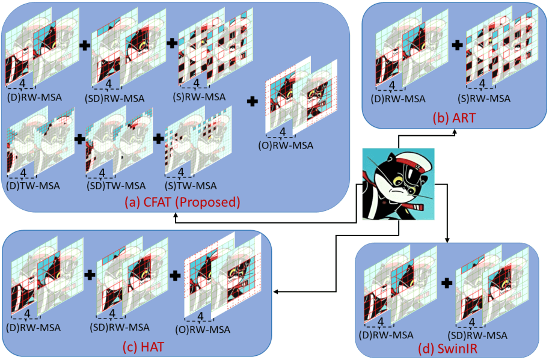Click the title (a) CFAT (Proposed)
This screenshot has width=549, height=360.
pyautogui.click(x=182, y=203)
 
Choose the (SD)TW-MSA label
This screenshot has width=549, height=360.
pyautogui.click(x=115, y=186)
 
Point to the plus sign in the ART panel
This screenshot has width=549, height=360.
pyautogui.click(x=457, y=44)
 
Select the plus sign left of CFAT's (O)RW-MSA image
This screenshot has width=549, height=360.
pyautogui.click(x=254, y=102)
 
